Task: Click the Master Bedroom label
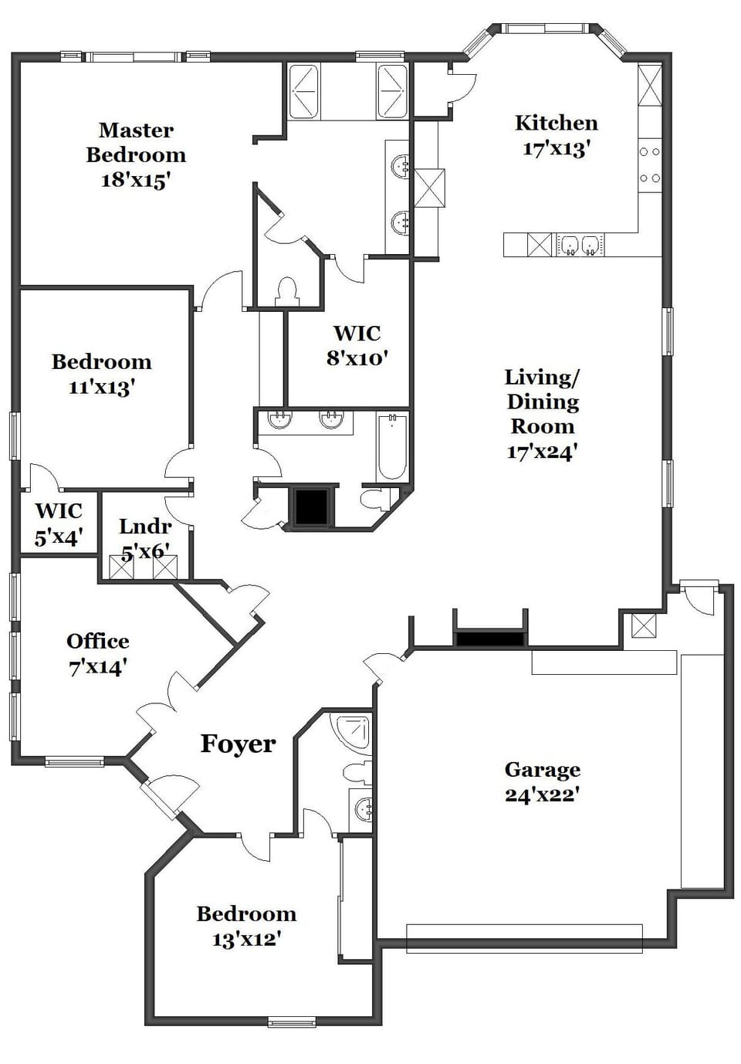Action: [x=136, y=143]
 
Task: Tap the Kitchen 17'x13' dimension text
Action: [x=556, y=148]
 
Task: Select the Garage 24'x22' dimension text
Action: [x=542, y=795]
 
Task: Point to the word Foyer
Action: [x=238, y=744]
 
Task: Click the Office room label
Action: [x=97, y=641]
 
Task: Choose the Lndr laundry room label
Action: [x=145, y=527]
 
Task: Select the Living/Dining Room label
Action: [x=543, y=402]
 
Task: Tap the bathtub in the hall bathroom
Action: [x=392, y=446]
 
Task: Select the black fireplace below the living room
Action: [x=490, y=639]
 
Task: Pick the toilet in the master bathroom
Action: [x=286, y=291]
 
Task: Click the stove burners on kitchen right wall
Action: [x=650, y=164]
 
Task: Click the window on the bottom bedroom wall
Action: [x=292, y=1022]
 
